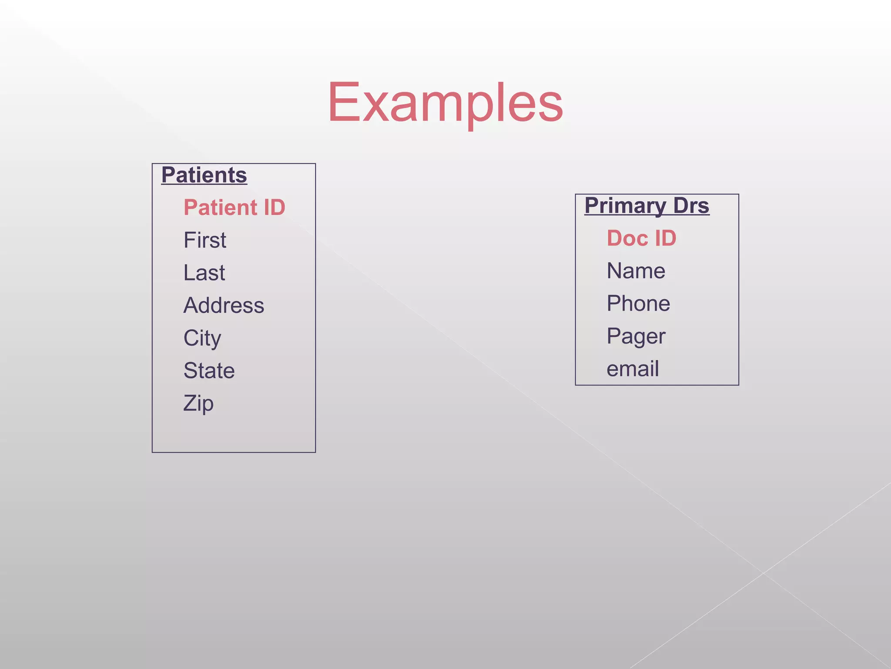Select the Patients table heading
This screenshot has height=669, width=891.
(x=204, y=175)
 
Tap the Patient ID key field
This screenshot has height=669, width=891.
(x=234, y=207)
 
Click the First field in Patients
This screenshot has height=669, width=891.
(x=205, y=240)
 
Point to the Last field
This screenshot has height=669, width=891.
(x=204, y=273)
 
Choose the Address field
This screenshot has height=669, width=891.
(x=224, y=305)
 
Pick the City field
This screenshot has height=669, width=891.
(x=202, y=338)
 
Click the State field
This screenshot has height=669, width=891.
(x=209, y=371)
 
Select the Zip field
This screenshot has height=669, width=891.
(x=198, y=403)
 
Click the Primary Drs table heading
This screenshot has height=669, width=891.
(x=646, y=206)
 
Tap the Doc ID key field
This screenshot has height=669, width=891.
(x=641, y=238)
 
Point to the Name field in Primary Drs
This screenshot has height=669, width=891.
(x=636, y=271)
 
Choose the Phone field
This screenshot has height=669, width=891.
(x=638, y=304)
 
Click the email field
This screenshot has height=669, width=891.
(x=633, y=369)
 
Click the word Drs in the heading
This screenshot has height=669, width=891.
(x=691, y=206)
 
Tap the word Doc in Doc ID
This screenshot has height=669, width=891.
(x=627, y=238)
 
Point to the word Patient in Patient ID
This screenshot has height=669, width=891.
(x=221, y=207)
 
